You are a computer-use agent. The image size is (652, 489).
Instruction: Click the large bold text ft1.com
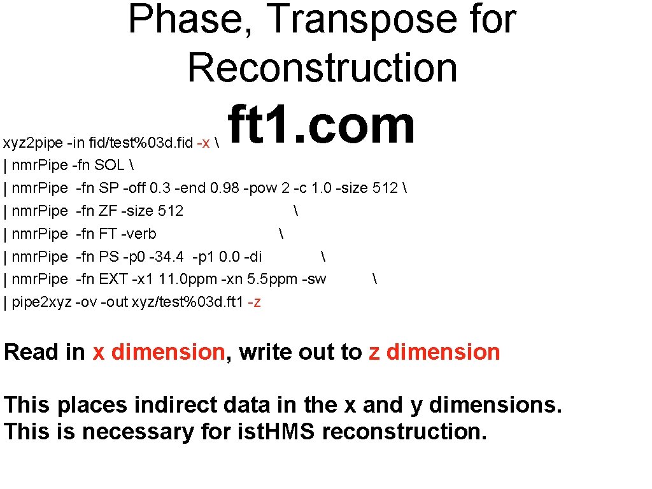(321, 125)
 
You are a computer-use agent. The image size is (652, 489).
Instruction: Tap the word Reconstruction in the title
(322, 67)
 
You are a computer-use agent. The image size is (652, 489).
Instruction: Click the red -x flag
(204, 143)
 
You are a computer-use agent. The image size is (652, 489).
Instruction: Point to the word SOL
(110, 166)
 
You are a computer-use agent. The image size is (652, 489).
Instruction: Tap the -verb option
(141, 234)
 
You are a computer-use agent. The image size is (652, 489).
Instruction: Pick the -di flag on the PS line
(253, 257)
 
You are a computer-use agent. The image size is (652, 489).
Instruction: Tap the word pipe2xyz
(41, 302)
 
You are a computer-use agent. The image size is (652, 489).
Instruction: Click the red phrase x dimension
(159, 352)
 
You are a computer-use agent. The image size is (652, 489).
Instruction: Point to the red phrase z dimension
(434, 352)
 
